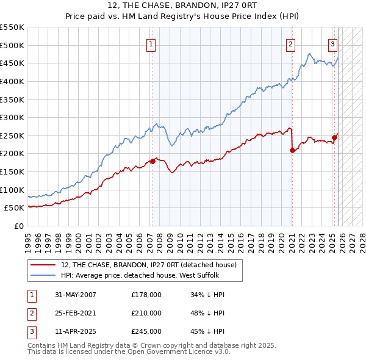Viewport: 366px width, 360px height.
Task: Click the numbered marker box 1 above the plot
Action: [x=151, y=43]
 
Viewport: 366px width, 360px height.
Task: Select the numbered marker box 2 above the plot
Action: [x=291, y=43]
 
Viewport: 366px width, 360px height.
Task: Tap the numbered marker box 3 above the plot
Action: [x=332, y=43]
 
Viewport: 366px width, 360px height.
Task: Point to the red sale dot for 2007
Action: [x=152, y=161]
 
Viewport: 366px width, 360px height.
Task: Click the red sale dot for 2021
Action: [x=292, y=150]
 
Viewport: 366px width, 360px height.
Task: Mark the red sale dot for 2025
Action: [x=335, y=137]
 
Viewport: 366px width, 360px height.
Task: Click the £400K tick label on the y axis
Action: [x=12, y=81]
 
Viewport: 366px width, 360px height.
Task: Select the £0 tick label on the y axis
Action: [x=18, y=226]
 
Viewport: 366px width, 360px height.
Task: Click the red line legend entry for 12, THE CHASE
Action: [x=152, y=264]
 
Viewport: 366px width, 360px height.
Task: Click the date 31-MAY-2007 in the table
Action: [x=76, y=295]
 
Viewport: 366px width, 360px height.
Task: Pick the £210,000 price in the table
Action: [x=146, y=313]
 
